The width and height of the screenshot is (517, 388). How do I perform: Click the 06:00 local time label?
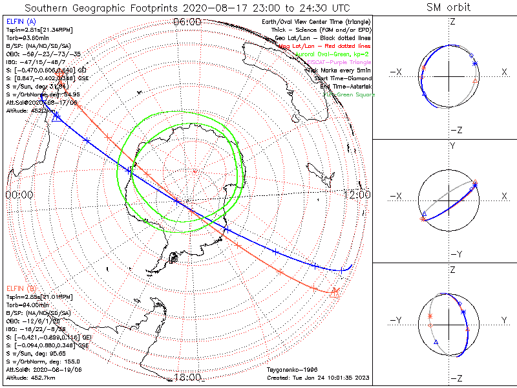tap(187, 22)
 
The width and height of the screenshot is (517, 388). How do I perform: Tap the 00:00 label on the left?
tap(18, 194)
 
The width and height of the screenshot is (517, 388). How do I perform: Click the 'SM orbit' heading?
tap(448, 8)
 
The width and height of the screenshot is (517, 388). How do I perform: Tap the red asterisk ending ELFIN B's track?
tap(335, 292)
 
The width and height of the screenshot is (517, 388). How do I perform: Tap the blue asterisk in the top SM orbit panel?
tap(475, 63)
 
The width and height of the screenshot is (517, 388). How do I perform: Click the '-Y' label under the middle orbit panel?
tap(452, 253)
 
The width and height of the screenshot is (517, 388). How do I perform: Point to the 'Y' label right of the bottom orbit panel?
tap(503, 320)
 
